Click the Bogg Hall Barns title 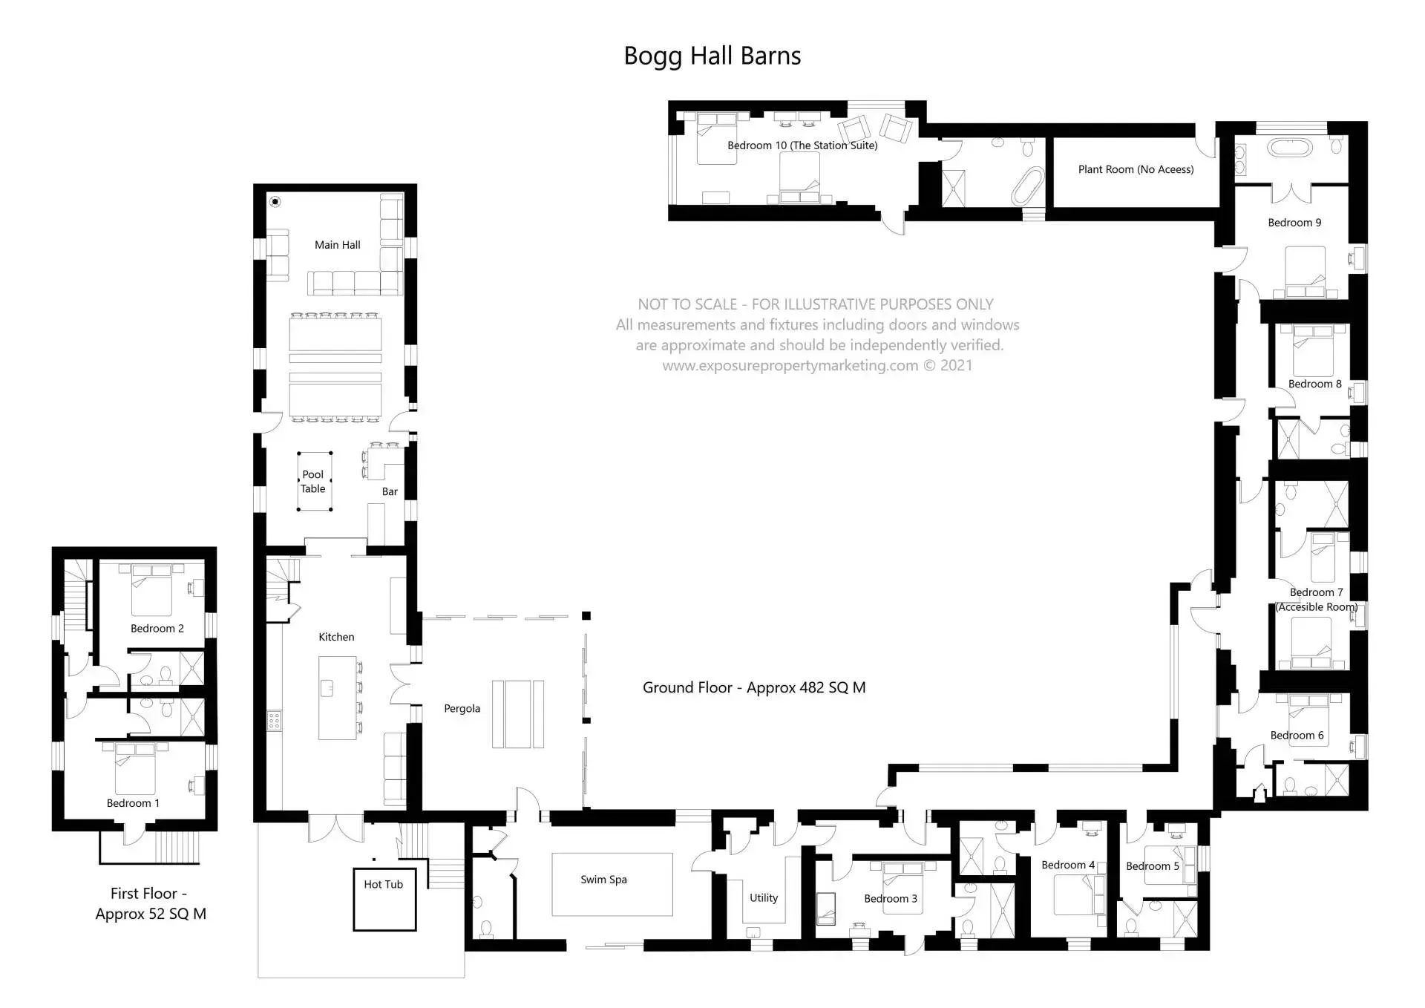click(x=712, y=56)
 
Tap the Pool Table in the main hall click(x=314, y=482)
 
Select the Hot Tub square click(x=384, y=899)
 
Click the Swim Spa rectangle click(x=612, y=884)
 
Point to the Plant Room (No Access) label click(x=1136, y=170)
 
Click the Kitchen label click(x=336, y=637)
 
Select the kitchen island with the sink click(x=338, y=698)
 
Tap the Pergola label click(x=462, y=709)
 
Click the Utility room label click(x=763, y=898)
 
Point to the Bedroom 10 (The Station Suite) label click(x=802, y=145)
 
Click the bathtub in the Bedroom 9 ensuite click(x=1289, y=146)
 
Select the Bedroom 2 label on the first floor click(x=157, y=629)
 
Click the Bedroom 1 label click(x=133, y=803)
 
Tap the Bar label click(x=390, y=491)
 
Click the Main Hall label click(x=337, y=245)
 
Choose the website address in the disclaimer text click(x=790, y=366)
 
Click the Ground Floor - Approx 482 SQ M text click(x=753, y=688)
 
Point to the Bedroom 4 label click(x=1067, y=865)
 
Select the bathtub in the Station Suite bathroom click(x=1027, y=186)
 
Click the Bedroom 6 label click(x=1297, y=736)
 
